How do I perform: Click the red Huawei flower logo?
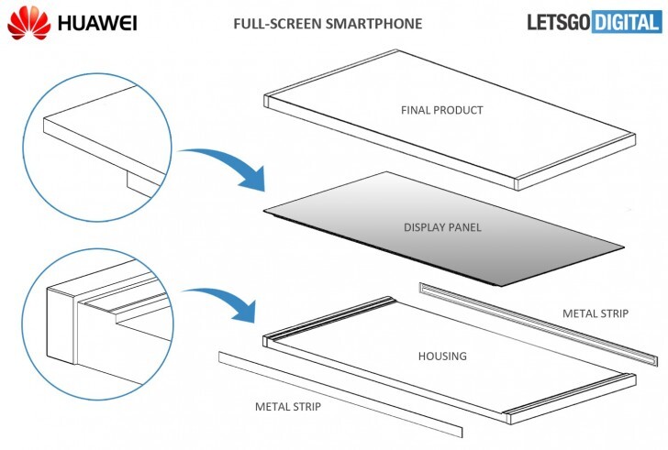pyautogui.click(x=28, y=21)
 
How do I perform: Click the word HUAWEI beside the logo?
pyautogui.click(x=96, y=22)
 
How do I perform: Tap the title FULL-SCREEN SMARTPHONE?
pyautogui.click(x=334, y=23)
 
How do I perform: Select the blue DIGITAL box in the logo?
pyautogui.click(x=625, y=23)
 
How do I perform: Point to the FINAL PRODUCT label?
pyautogui.click(x=441, y=110)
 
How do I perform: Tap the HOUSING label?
pyautogui.click(x=441, y=356)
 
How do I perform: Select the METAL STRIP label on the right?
pyautogui.click(x=595, y=313)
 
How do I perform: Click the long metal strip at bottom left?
pyautogui.click(x=340, y=394)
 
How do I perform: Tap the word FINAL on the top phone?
pyautogui.click(x=415, y=110)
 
